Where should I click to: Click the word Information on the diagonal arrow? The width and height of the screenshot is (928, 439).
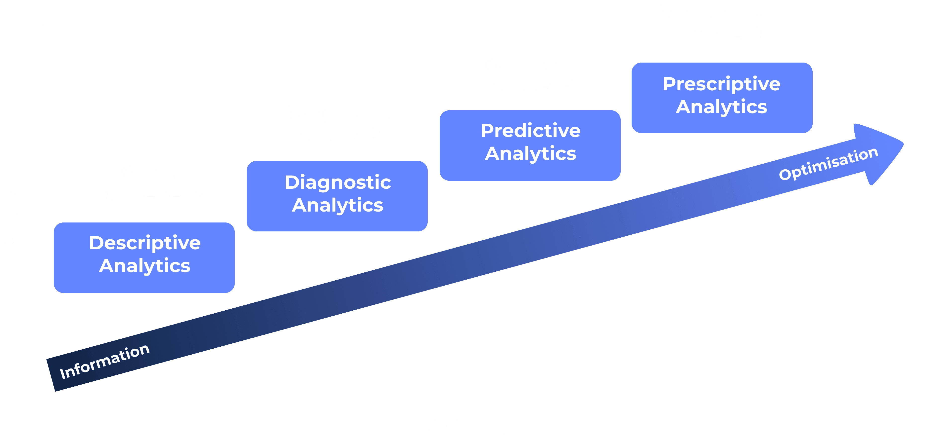coord(104,361)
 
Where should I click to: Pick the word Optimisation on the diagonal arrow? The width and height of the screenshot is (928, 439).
coord(828,164)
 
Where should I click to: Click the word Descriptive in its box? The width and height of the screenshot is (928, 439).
coord(145,243)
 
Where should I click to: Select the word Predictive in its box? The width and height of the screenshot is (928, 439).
coord(531,130)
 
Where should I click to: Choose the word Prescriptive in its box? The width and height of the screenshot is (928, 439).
coord(722,84)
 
